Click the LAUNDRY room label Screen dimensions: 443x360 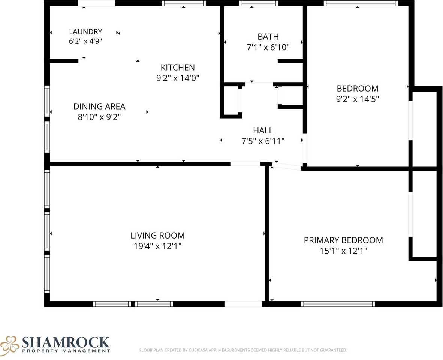click(85, 31)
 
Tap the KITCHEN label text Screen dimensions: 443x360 click(178, 67)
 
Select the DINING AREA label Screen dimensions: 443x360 click(99, 106)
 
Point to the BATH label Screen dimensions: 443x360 click(268, 37)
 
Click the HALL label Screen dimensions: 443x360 click(263, 130)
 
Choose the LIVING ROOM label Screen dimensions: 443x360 click(157, 235)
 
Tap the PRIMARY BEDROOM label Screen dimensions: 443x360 click(343, 240)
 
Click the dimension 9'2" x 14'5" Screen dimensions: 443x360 click(358, 99)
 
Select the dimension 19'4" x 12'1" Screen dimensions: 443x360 click(157, 246)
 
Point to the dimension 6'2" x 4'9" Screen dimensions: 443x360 click(85, 41)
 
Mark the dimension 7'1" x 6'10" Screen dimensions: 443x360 click(268, 48)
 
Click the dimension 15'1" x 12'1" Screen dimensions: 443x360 click(343, 251)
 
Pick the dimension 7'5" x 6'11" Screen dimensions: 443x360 click(263, 141)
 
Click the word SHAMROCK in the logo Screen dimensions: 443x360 click(66, 342)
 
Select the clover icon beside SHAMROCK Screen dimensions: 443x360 click(10, 343)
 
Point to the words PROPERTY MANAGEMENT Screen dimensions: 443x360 click(66, 351)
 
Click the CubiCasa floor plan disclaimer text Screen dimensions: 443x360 click(243, 350)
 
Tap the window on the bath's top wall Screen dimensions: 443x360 click(259, 3)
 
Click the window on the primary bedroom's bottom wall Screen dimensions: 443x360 click(338, 304)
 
